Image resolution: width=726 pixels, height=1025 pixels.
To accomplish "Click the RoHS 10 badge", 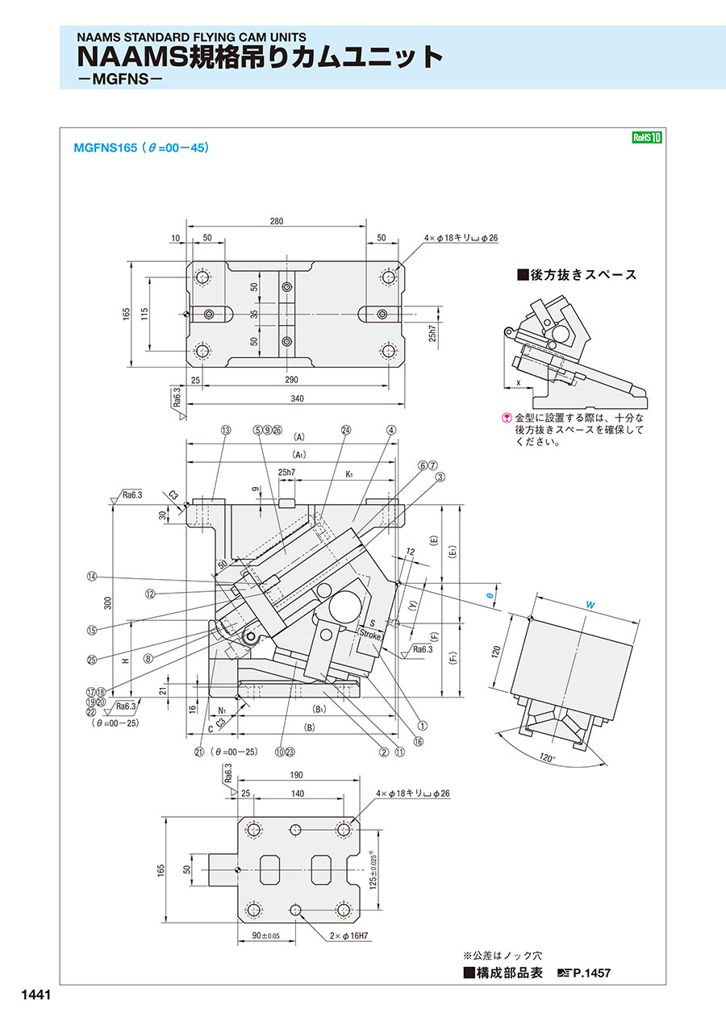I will tap(646, 137).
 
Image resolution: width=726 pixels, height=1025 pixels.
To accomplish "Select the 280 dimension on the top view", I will tap(277, 220).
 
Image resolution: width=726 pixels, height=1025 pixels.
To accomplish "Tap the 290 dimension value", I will tap(292, 379).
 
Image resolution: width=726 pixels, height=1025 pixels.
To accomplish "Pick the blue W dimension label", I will tap(590, 602).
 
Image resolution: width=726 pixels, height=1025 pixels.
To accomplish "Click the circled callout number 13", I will tap(224, 430).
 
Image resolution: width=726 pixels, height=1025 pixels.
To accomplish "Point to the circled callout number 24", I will tap(345, 430).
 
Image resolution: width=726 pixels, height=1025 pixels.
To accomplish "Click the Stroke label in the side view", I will tap(369, 635).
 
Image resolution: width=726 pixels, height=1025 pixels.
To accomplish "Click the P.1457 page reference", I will tap(591, 973).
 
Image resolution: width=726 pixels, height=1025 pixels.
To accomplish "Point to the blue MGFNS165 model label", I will tap(106, 148).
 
